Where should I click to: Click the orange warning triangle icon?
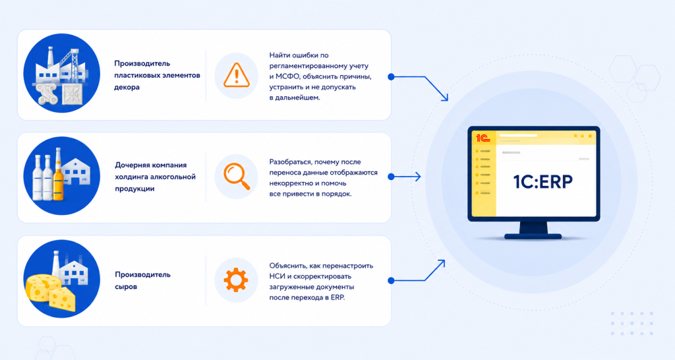click(237, 75)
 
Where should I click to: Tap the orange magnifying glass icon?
click(237, 176)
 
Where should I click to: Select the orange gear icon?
click(236, 280)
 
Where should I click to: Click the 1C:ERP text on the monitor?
click(543, 182)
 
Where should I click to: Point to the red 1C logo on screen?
click(483, 138)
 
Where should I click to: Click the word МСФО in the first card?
click(286, 76)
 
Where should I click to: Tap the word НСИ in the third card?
click(278, 276)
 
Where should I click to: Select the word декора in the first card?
click(127, 87)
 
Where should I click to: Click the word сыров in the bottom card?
click(126, 287)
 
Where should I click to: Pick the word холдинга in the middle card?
click(131, 177)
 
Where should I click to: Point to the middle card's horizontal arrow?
click(405, 177)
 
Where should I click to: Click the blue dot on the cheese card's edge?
click(391, 281)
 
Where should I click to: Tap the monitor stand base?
click(533, 236)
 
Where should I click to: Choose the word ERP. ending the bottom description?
click(338, 297)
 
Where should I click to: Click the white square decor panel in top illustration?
click(73, 94)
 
